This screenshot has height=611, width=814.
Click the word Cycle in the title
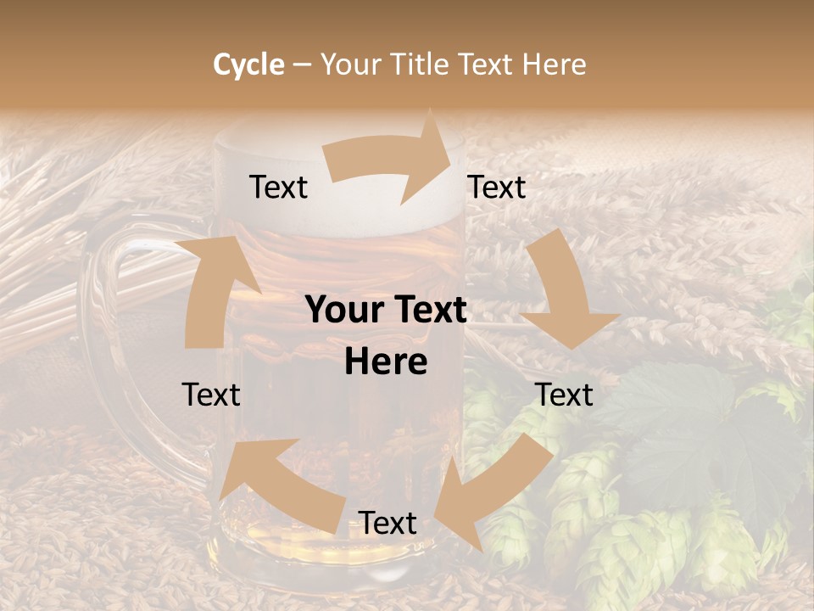pyautogui.click(x=248, y=64)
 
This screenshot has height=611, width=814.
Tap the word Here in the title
pyautogui.click(x=554, y=64)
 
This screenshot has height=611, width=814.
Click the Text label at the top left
pyautogui.click(x=278, y=188)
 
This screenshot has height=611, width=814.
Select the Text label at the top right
pyautogui.click(x=497, y=188)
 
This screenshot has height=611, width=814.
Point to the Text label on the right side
pyautogui.click(x=564, y=395)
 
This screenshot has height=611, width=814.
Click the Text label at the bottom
pyautogui.click(x=387, y=523)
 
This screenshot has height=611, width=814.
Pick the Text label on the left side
pyautogui.click(x=211, y=395)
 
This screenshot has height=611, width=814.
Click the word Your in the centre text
pyautogui.click(x=341, y=311)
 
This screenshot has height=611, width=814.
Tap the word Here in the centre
pyautogui.click(x=386, y=362)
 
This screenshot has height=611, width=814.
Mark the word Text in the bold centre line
pyautogui.click(x=428, y=311)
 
